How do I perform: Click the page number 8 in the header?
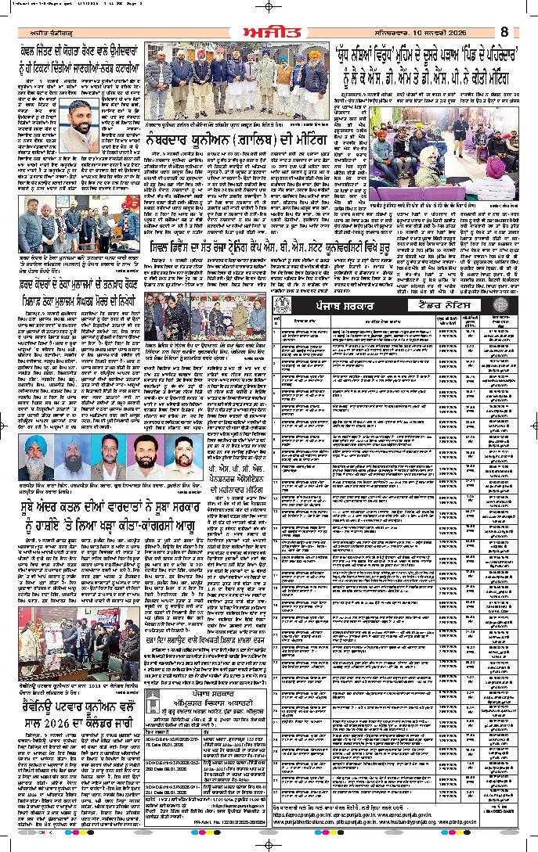coord(504,31)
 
